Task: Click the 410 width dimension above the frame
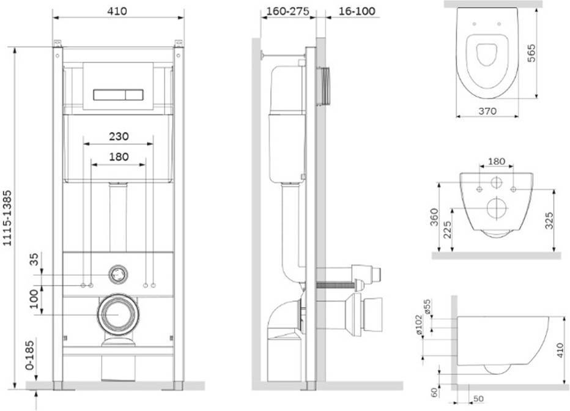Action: pos(117,11)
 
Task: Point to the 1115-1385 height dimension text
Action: pos(7,218)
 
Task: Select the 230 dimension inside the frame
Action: pos(119,136)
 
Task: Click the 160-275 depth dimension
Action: pos(288,11)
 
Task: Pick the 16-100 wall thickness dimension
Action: pos(357,11)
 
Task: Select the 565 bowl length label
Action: pos(531,53)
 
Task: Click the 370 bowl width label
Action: pos(487,111)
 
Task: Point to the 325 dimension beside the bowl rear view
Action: pos(549,221)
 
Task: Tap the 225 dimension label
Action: pos(447,230)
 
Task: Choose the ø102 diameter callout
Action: pos(418,325)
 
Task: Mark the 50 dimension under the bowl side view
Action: pos(479,399)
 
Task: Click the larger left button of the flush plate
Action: pos(109,95)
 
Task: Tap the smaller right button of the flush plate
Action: pos(134,95)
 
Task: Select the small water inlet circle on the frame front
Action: pos(118,275)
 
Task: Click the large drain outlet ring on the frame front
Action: pos(118,314)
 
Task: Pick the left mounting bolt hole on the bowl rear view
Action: pos(479,189)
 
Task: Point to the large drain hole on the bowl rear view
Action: pos(496,208)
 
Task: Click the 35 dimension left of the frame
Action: pos(34,260)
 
